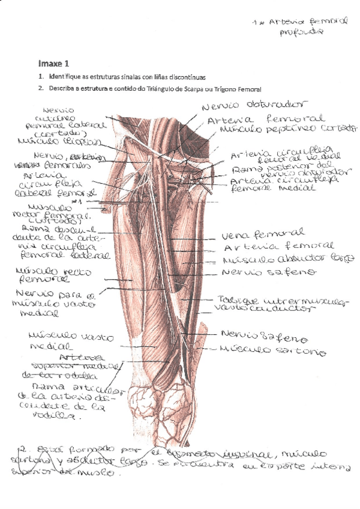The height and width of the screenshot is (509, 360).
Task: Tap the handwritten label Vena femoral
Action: coord(262,233)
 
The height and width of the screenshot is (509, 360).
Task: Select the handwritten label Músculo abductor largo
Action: coord(288,259)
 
